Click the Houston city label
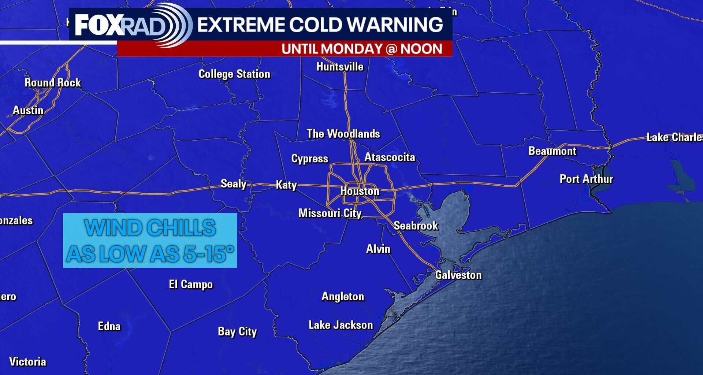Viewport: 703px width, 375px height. [360, 191]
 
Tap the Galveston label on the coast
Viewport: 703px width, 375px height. [458, 275]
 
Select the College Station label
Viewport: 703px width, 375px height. [234, 74]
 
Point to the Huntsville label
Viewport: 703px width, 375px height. [340, 67]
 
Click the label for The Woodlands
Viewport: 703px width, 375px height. [343, 134]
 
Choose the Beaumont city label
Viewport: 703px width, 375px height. [552, 151]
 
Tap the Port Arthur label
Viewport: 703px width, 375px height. [586, 179]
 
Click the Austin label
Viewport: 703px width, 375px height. [28, 110]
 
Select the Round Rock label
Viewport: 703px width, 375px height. [53, 83]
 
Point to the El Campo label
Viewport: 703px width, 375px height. [191, 284]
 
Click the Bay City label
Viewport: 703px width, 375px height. [237, 332]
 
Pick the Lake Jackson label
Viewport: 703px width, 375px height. [341, 325]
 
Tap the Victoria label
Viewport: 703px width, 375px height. [28, 362]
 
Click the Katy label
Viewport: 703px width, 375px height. [286, 185]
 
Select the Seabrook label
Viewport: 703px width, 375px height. [416, 226]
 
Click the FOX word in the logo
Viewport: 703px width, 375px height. [98, 25]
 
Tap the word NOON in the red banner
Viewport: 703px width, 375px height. [421, 49]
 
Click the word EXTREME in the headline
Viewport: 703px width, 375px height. [241, 25]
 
